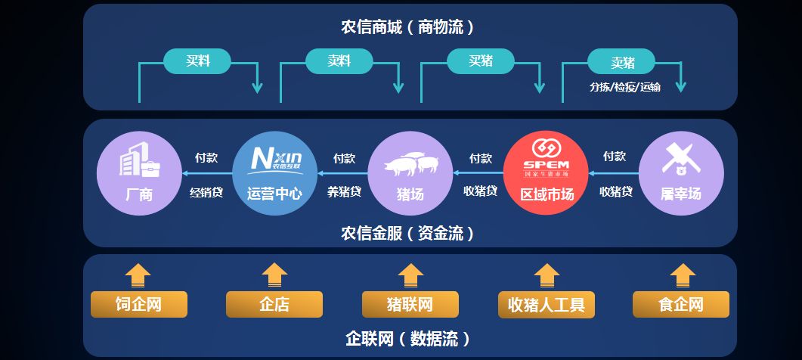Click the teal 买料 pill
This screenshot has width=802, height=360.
[197, 61]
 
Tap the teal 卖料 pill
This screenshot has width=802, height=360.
[339, 61]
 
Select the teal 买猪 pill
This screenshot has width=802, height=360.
[481, 61]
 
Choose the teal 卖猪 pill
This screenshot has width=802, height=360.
[622, 61]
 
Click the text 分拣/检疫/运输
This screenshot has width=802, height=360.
[625, 87]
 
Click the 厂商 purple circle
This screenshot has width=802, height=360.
[139, 173]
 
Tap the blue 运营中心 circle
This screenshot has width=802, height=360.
[274, 173]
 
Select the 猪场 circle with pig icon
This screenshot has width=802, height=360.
[410, 173]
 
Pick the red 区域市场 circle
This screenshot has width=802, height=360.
[546, 173]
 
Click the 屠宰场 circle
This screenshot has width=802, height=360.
[681, 173]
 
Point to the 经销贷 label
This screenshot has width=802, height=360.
[206, 192]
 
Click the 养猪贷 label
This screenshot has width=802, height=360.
[344, 192]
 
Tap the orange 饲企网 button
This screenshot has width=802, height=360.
[138, 305]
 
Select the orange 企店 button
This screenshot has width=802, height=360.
[274, 305]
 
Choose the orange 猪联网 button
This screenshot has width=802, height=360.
[410, 305]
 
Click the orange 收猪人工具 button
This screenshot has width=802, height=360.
[546, 305]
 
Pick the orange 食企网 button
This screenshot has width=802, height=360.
[681, 305]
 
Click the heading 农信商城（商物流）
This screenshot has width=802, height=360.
[409, 28]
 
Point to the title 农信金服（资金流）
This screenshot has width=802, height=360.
[409, 233]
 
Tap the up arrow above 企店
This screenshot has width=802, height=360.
[274, 275]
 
